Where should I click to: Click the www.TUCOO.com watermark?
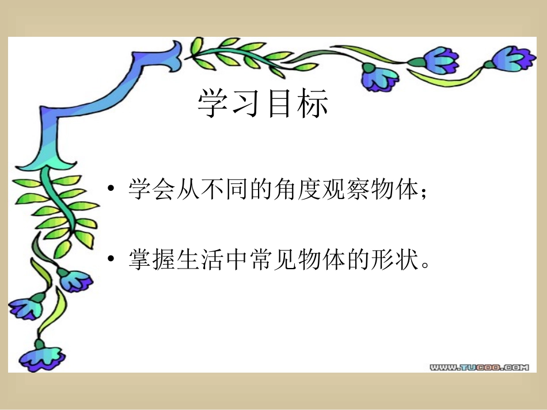point(479,366)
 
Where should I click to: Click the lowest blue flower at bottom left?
point(40,354)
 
